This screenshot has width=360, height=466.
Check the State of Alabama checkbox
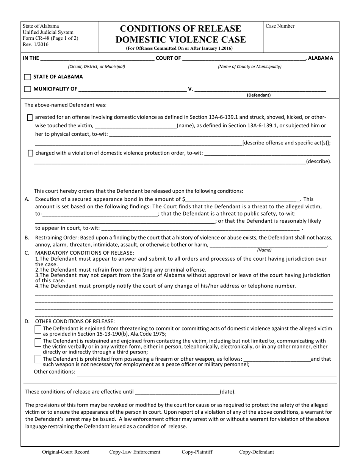point(28,77)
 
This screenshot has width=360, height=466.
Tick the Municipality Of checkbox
point(28,89)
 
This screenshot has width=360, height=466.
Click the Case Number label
point(280,26)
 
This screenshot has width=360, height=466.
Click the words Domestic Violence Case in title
point(180,39)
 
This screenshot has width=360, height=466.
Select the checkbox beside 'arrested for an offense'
point(30,117)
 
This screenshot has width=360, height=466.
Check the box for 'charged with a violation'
point(30,153)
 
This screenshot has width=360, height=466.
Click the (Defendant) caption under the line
point(259,95)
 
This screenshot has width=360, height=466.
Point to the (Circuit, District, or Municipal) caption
point(96,67)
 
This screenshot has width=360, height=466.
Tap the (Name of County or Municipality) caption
point(249,67)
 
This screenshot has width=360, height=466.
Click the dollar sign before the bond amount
point(184,199)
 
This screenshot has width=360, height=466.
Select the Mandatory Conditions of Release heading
point(85,253)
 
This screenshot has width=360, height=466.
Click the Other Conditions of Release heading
point(75,321)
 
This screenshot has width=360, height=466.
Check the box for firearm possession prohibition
point(38,358)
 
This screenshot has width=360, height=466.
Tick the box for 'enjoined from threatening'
point(38,330)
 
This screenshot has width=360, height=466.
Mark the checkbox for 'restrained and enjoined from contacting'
point(38,342)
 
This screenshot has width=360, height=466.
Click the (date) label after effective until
point(227,392)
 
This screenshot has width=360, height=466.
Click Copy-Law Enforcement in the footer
point(135,452)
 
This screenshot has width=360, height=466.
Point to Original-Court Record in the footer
point(66,452)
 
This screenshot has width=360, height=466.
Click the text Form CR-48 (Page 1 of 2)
point(50,38)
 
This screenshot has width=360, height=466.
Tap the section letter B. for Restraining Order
point(27,238)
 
